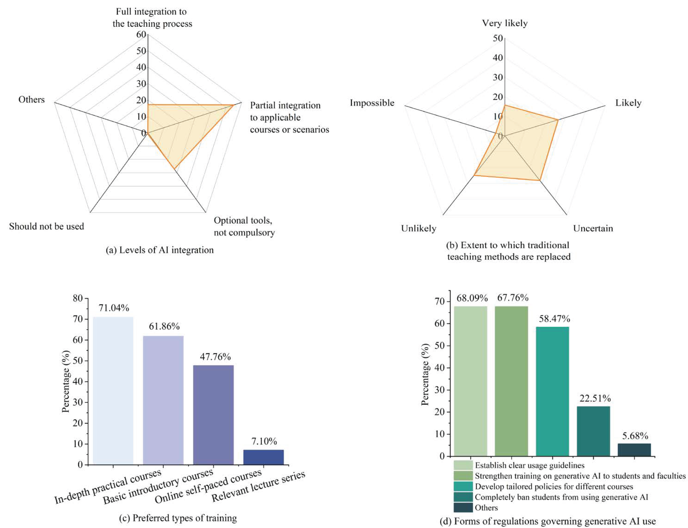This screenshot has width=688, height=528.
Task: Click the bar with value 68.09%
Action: point(471,381)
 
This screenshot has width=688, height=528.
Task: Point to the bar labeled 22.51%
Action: point(593,431)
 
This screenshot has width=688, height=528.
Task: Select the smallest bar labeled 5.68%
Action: point(634,450)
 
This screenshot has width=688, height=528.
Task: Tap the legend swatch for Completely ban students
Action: point(463,497)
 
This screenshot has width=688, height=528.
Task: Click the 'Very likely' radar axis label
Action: point(505,23)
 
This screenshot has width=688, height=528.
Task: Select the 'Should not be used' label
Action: point(47,227)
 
